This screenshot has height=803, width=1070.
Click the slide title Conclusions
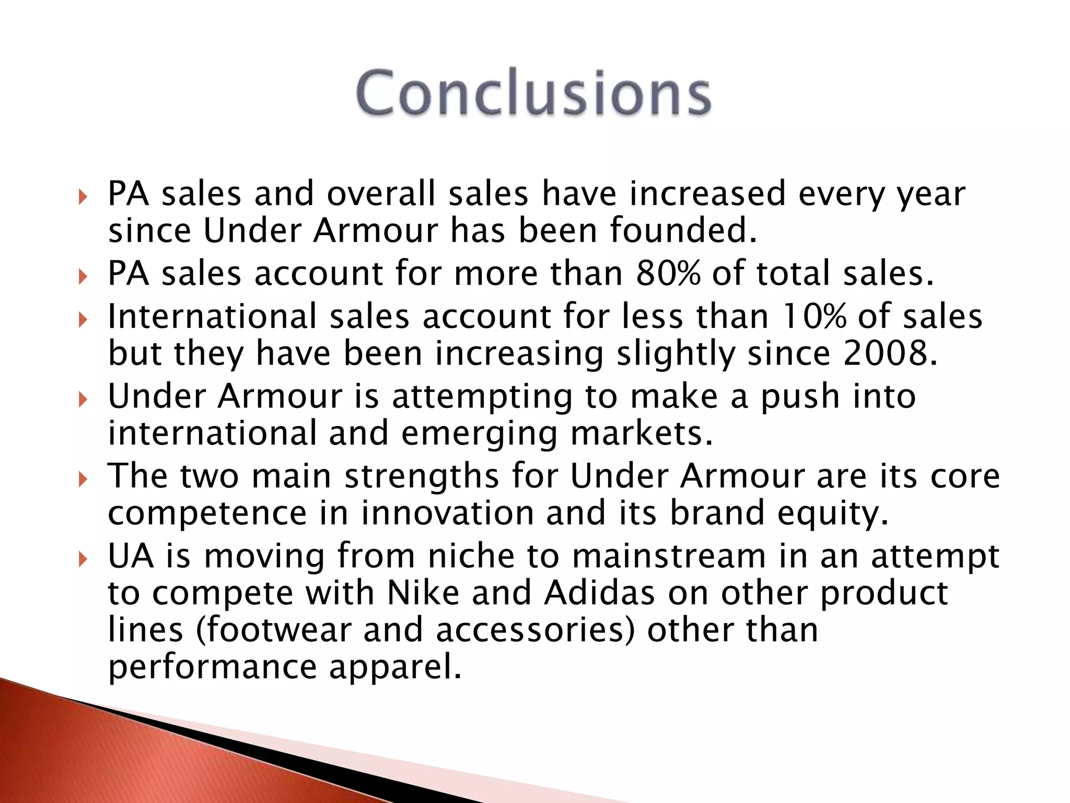(533, 93)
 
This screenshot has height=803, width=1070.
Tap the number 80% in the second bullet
(667, 273)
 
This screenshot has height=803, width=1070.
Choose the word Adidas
(599, 593)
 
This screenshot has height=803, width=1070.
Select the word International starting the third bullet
(212, 317)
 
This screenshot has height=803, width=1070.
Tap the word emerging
(480, 434)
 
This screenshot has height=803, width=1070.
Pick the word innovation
(447, 513)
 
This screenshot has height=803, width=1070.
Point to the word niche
(471, 556)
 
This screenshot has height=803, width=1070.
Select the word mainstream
(669, 556)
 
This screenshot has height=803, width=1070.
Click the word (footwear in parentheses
(273, 630)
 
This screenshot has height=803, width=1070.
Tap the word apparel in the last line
(396, 668)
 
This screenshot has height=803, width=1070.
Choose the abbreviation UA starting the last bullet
(131, 556)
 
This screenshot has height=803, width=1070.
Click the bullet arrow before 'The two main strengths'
(83, 479)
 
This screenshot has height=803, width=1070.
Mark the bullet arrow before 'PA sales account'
(83, 277)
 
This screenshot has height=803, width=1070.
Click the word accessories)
(536, 630)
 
